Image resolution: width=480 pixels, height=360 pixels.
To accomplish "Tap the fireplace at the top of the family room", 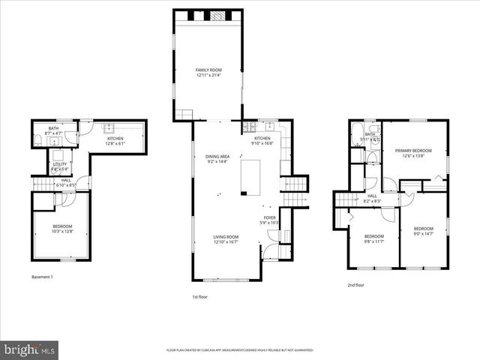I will click(216, 15).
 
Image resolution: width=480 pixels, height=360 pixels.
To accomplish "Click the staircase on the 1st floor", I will click(298, 184).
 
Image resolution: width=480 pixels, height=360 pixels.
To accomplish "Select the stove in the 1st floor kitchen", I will click(250, 127).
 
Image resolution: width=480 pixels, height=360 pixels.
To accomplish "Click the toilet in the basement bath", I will click(37, 141).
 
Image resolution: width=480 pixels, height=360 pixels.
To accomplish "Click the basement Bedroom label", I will click(62, 226).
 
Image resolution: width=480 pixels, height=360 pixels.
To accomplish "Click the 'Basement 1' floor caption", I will click(42, 277).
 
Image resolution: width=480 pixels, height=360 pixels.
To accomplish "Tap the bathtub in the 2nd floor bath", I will click(355, 136).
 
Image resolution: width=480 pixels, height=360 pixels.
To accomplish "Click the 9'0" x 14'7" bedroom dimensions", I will click(424, 233).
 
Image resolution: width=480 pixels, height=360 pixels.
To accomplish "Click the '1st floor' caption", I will click(199, 298).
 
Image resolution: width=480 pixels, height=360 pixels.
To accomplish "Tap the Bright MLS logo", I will click(30, 349).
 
